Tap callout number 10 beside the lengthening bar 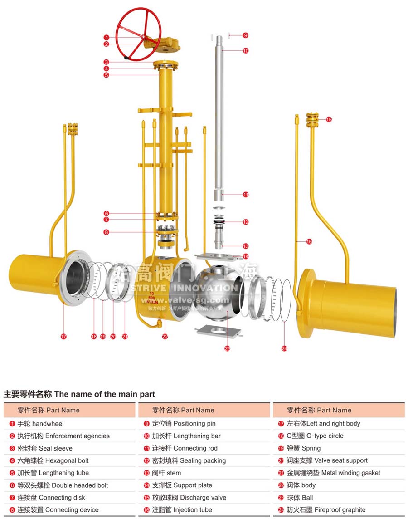(246, 51)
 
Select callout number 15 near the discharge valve (329, 119)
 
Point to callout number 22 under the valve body (165, 336)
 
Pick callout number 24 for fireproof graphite (284, 348)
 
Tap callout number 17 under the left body (63, 336)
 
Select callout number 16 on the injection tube (309, 241)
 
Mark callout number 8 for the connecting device (106, 232)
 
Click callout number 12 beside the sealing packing (246, 222)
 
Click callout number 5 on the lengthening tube (106, 75)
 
